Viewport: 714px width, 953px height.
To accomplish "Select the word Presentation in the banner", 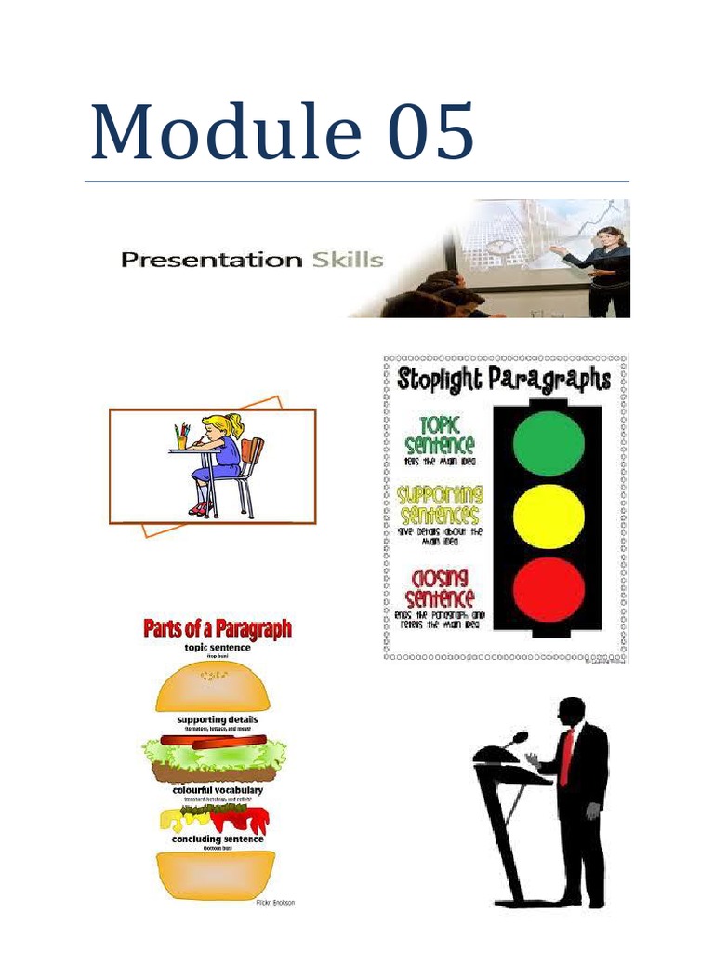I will tap(211, 261).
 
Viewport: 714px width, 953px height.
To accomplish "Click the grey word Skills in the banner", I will tap(348, 260).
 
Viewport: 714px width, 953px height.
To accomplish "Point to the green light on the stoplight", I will tap(549, 443).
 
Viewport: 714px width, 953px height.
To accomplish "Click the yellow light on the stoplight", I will tap(549, 516).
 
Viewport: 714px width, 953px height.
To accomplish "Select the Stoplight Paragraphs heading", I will tap(504, 380).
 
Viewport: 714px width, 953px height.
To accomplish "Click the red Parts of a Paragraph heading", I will tap(217, 630).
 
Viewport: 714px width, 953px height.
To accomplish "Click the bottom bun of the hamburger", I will tap(216, 874).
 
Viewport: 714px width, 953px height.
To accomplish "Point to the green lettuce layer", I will tap(214, 754).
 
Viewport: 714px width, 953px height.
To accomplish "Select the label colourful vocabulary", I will tap(218, 790).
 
